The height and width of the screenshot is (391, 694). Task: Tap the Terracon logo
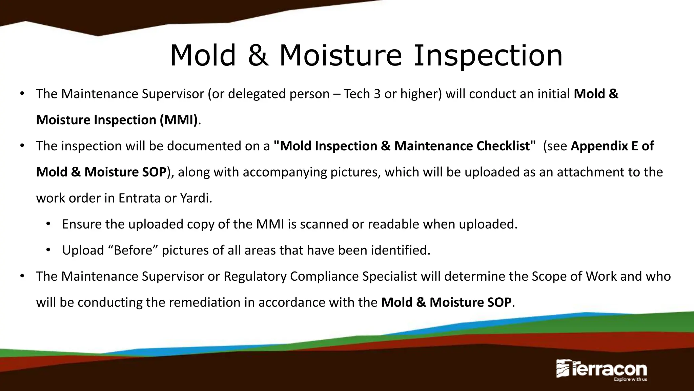[x=601, y=369]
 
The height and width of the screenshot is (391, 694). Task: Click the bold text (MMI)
[x=179, y=120]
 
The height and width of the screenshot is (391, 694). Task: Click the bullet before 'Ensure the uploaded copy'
[x=48, y=224]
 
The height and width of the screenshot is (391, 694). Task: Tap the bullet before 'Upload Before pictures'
[x=48, y=250]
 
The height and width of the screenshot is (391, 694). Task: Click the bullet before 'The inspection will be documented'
[x=22, y=146]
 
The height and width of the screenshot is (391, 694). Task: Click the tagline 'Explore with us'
[x=630, y=379]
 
